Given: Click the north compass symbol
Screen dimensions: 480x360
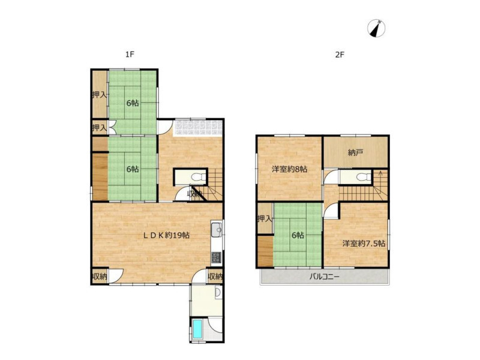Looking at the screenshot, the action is tap(376, 28).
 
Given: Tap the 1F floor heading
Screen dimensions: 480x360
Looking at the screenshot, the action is tap(130, 55).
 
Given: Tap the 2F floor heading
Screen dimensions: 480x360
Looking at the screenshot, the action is tap(340, 55).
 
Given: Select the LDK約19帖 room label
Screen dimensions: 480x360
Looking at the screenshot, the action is tap(167, 235).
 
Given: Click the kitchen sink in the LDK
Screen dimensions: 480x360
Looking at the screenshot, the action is tap(217, 230).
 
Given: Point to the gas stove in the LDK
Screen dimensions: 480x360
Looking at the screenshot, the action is tap(217, 257).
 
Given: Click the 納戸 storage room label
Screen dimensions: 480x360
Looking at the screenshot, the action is tap(355, 152).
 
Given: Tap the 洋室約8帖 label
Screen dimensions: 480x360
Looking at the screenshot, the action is tap(290, 169).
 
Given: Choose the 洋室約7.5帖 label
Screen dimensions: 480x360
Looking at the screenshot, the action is tap(364, 244).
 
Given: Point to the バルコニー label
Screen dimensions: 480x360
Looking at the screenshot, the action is tap(325, 277).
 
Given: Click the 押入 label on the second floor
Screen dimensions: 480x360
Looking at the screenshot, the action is tap(265, 218).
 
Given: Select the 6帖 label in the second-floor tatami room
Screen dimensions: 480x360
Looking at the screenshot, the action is tap(298, 235).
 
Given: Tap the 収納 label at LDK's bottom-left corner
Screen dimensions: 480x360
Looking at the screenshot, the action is tap(100, 277).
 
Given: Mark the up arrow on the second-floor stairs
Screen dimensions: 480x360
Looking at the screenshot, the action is tap(380, 178).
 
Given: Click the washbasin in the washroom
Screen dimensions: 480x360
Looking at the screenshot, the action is tap(218, 293).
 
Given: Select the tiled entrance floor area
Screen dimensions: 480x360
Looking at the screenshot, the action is tap(197, 127).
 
